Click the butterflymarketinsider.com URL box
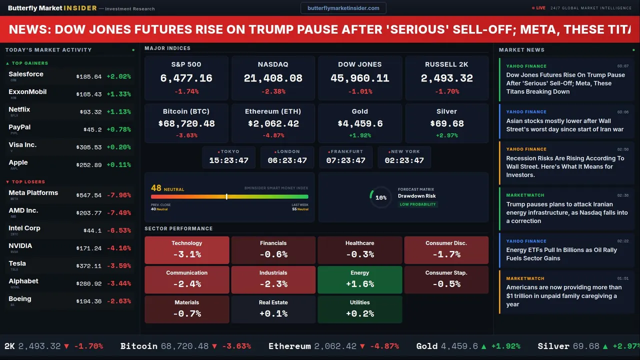[343, 8]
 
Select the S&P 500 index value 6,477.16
[186, 78]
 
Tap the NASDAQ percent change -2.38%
[273, 91]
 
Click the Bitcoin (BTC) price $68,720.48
[186, 123]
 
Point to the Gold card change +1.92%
[359, 135]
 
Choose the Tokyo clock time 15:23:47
[228, 160]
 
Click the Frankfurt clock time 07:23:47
[345, 160]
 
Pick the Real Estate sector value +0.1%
[273, 313]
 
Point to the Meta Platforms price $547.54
[89, 195]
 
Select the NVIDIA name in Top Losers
[20, 245]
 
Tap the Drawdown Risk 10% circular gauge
[380, 197]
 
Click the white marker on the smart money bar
[226, 196]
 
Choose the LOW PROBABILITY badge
[417, 204]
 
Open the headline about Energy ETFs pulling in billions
[561, 254]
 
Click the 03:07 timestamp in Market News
[622, 66]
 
